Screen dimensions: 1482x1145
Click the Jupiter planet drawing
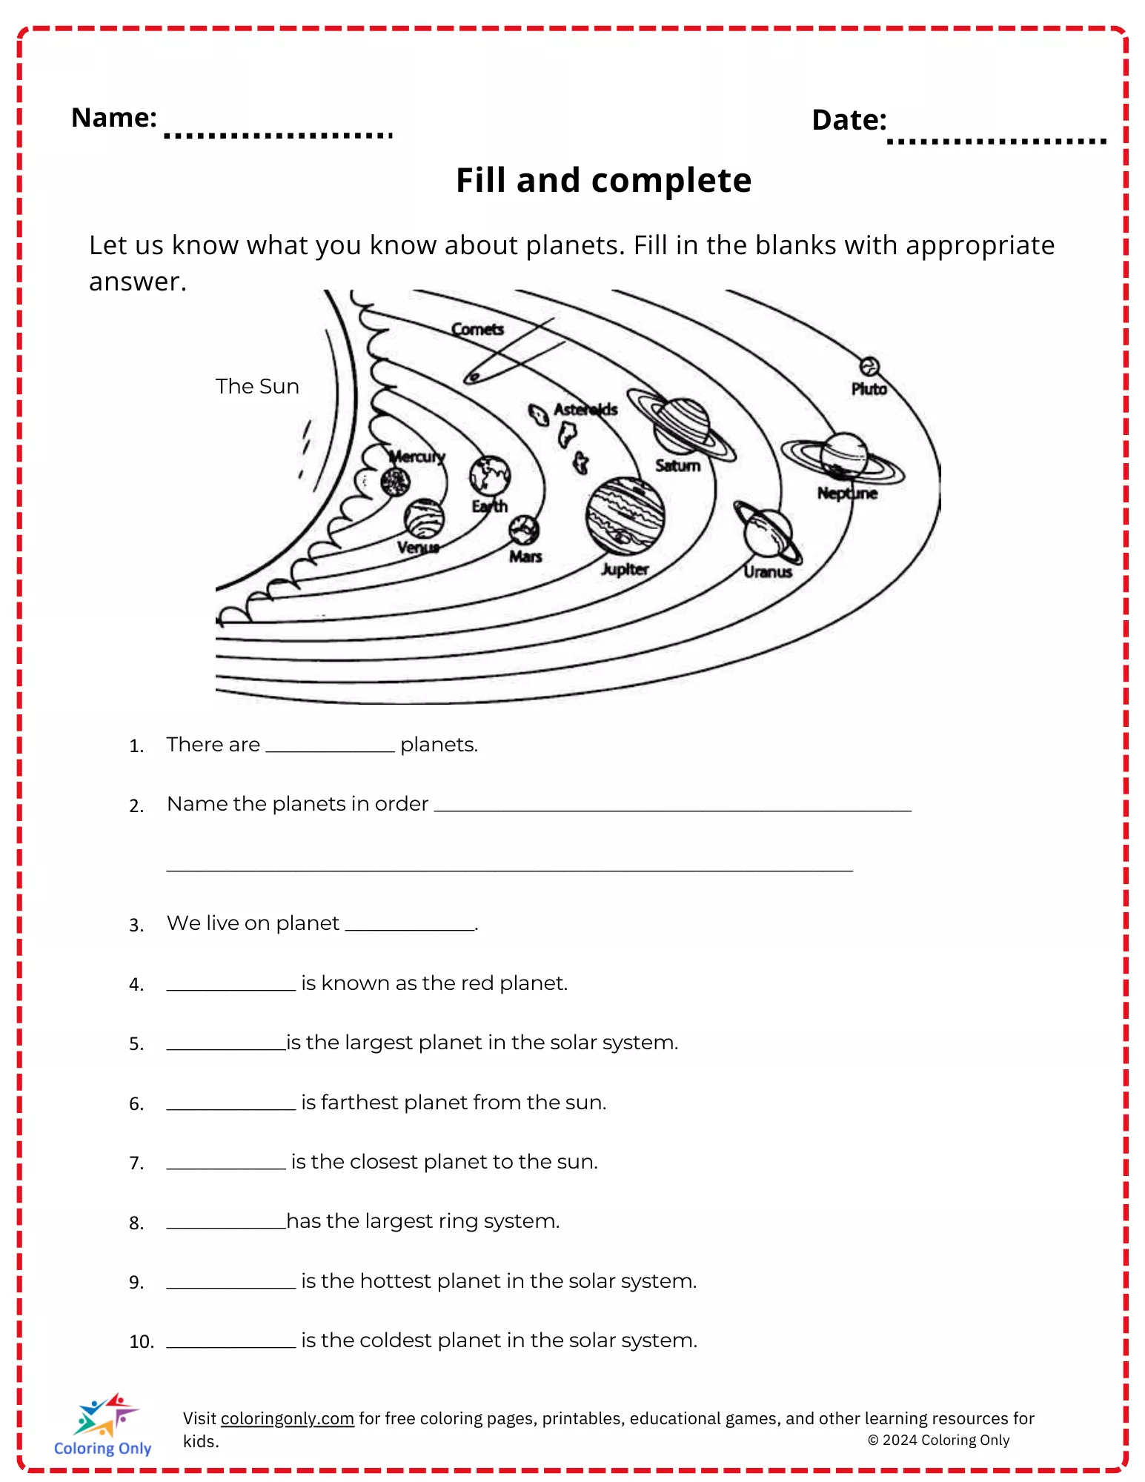pyautogui.click(x=625, y=516)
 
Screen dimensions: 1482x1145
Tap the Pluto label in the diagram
pyautogui.click(x=869, y=389)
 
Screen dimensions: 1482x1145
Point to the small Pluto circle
pyautogui.click(x=869, y=366)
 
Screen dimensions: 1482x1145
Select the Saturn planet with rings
pyautogui.click(x=681, y=426)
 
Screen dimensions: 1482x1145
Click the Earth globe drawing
pyautogui.click(x=490, y=475)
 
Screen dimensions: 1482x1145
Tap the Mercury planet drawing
pyautogui.click(x=395, y=482)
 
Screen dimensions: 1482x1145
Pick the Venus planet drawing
pyautogui.click(x=424, y=518)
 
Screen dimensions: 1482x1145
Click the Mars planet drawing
pyautogui.click(x=524, y=530)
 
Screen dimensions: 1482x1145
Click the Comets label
pyautogui.click(x=477, y=329)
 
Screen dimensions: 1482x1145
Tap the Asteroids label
pyautogui.click(x=585, y=409)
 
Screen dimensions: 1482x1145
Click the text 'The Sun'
pyautogui.click(x=257, y=386)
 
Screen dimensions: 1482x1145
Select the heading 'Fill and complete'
pyautogui.click(x=603, y=180)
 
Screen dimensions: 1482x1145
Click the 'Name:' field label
pyautogui.click(x=113, y=117)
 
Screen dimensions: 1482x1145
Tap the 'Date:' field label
pyautogui.click(x=849, y=120)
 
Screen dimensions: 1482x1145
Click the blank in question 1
pyautogui.click(x=330, y=745)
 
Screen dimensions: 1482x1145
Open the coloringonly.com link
pyautogui.click(x=287, y=1418)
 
